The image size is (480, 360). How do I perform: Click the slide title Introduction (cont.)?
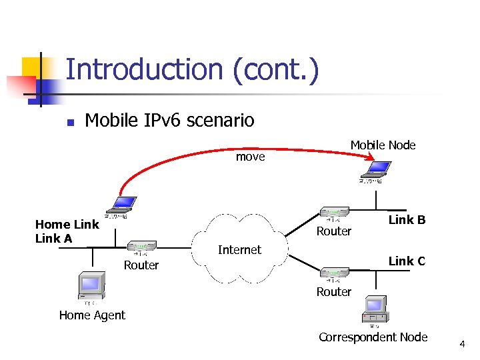[x=192, y=70]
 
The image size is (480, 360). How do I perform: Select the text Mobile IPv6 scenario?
[x=169, y=120]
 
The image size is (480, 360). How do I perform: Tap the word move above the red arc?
[x=250, y=157]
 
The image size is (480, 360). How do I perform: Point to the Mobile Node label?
[x=383, y=145]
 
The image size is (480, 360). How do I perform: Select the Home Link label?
[x=67, y=225]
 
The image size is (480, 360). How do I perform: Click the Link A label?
[x=53, y=238]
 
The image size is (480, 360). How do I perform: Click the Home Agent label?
[x=92, y=315]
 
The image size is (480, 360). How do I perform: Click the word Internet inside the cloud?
[x=239, y=250]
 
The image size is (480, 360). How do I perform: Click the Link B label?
[x=407, y=220]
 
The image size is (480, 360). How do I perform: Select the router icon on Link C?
[x=334, y=273]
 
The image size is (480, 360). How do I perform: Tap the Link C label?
[x=407, y=261]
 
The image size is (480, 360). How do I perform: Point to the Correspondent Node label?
[x=373, y=337]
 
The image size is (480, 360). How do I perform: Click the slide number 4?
[x=461, y=344]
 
